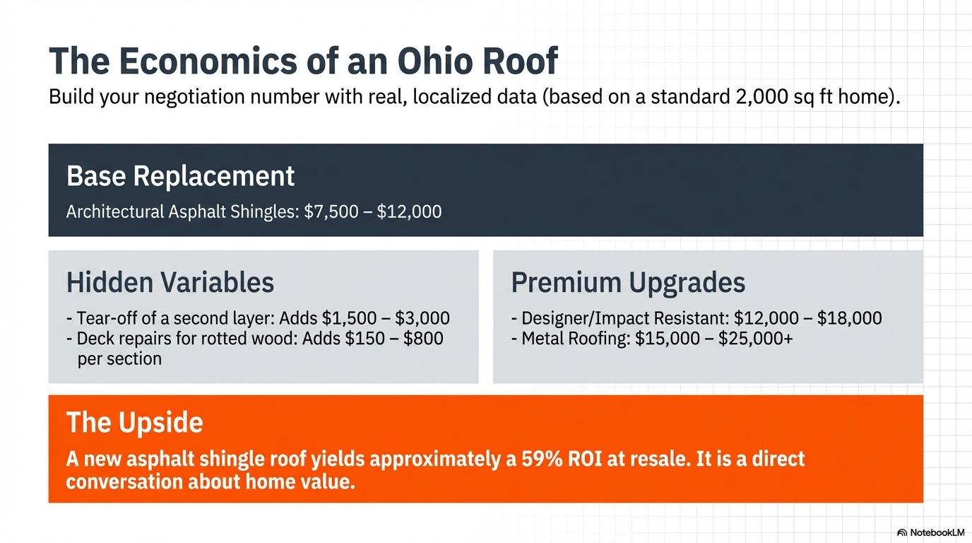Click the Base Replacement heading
click(180, 176)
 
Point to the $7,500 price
click(331, 211)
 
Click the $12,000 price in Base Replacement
click(409, 211)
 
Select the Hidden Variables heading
click(170, 282)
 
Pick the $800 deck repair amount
click(423, 339)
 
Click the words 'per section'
click(119, 358)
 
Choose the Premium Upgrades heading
click(628, 282)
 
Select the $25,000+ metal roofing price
click(755, 339)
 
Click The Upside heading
click(134, 423)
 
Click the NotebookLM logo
click(930, 532)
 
